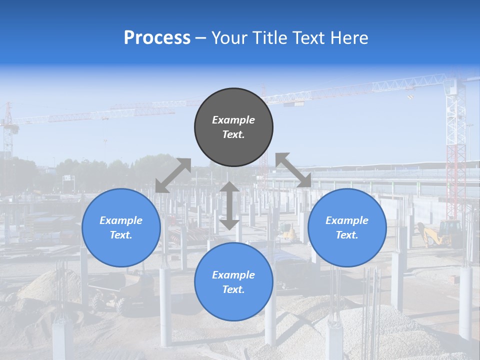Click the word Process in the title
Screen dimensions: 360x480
[157, 38]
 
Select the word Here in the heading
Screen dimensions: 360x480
[348, 38]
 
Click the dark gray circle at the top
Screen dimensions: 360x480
[233, 127]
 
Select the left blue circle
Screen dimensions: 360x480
[121, 227]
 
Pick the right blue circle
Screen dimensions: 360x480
[347, 227]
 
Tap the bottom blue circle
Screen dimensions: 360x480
[233, 281]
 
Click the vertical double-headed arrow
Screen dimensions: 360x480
[229, 205]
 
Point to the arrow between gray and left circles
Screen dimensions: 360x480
[173, 175]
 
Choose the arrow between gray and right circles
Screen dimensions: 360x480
[293, 170]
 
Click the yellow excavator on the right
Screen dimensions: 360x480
[440, 233]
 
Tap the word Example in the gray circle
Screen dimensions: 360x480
[233, 120]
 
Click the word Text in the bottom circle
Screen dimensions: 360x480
[233, 289]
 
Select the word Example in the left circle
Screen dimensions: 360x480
[121, 220]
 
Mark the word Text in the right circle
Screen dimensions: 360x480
[347, 235]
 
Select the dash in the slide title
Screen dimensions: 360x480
[201, 38]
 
